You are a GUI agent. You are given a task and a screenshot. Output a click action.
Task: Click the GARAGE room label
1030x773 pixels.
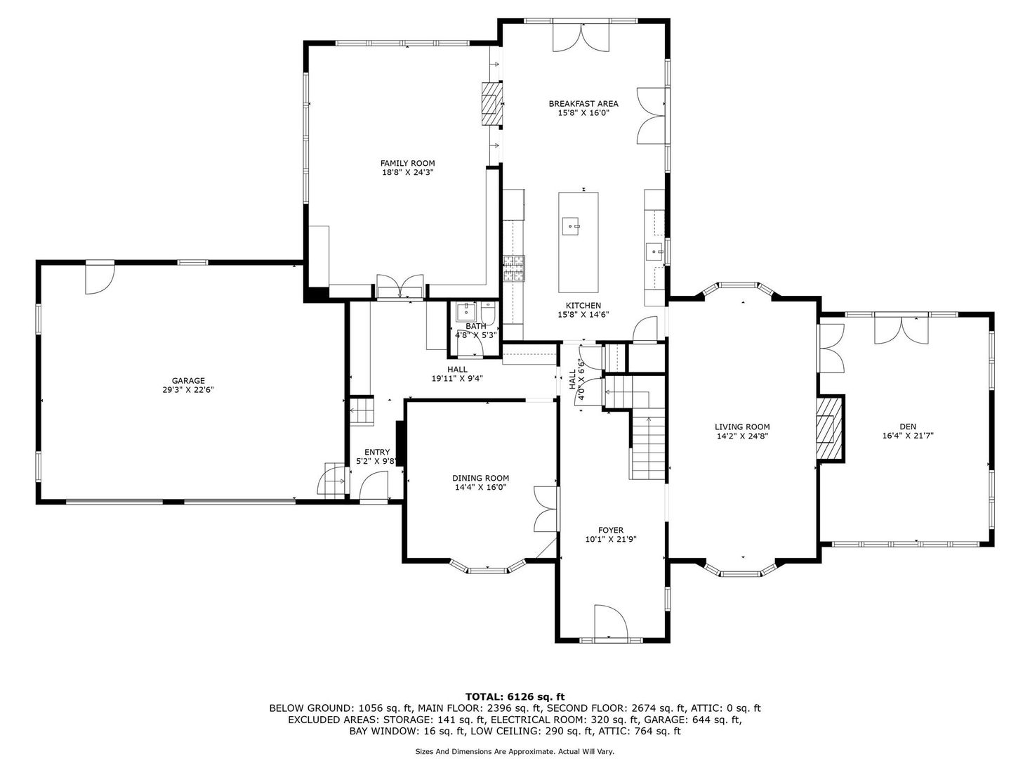coord(188,381)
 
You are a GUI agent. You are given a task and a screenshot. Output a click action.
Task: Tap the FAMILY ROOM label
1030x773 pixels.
coord(407,164)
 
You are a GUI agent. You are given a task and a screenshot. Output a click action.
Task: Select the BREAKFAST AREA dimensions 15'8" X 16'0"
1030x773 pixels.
coord(583,113)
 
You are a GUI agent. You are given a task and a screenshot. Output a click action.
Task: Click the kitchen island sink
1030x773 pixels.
coord(571,226)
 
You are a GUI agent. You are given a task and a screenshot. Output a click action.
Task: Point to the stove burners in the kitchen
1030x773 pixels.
coord(514,268)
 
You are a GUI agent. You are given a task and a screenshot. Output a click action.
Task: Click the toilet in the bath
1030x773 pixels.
coord(488,312)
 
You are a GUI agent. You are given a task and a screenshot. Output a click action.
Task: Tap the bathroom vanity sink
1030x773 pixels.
coord(466,311)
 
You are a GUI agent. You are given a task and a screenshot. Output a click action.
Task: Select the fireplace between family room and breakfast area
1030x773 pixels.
coord(491,104)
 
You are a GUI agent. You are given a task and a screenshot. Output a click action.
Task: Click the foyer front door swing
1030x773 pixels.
coord(611,622)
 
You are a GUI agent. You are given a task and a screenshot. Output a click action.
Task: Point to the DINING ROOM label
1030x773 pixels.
coord(480,478)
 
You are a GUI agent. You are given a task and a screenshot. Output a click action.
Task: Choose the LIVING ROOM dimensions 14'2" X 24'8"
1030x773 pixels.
coord(742,436)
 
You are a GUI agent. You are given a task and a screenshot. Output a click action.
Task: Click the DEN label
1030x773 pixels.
coord(908,427)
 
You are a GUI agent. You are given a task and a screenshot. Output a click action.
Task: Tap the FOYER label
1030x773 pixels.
coord(611,530)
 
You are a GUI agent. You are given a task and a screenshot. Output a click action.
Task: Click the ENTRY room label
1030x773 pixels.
coord(377,453)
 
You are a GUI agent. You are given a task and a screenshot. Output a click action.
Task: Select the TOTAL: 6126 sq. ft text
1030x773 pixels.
coord(515,696)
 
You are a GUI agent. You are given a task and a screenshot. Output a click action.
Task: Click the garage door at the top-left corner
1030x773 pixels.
coord(100,278)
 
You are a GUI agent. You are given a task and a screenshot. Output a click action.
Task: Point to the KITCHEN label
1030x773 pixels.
coord(583,305)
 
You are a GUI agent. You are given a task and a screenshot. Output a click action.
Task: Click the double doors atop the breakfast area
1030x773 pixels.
coord(581,37)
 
